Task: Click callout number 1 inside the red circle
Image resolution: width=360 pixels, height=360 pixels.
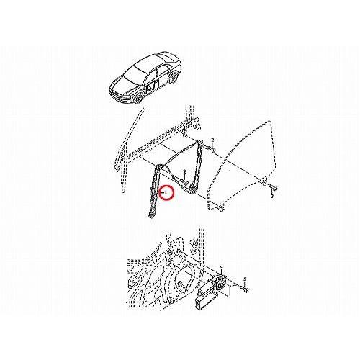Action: coord(168,193)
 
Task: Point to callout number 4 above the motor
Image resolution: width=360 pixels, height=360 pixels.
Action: coord(221,266)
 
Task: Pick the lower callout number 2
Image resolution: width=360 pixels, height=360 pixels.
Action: coord(185,171)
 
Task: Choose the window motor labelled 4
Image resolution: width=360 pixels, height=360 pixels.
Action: coord(217,284)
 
